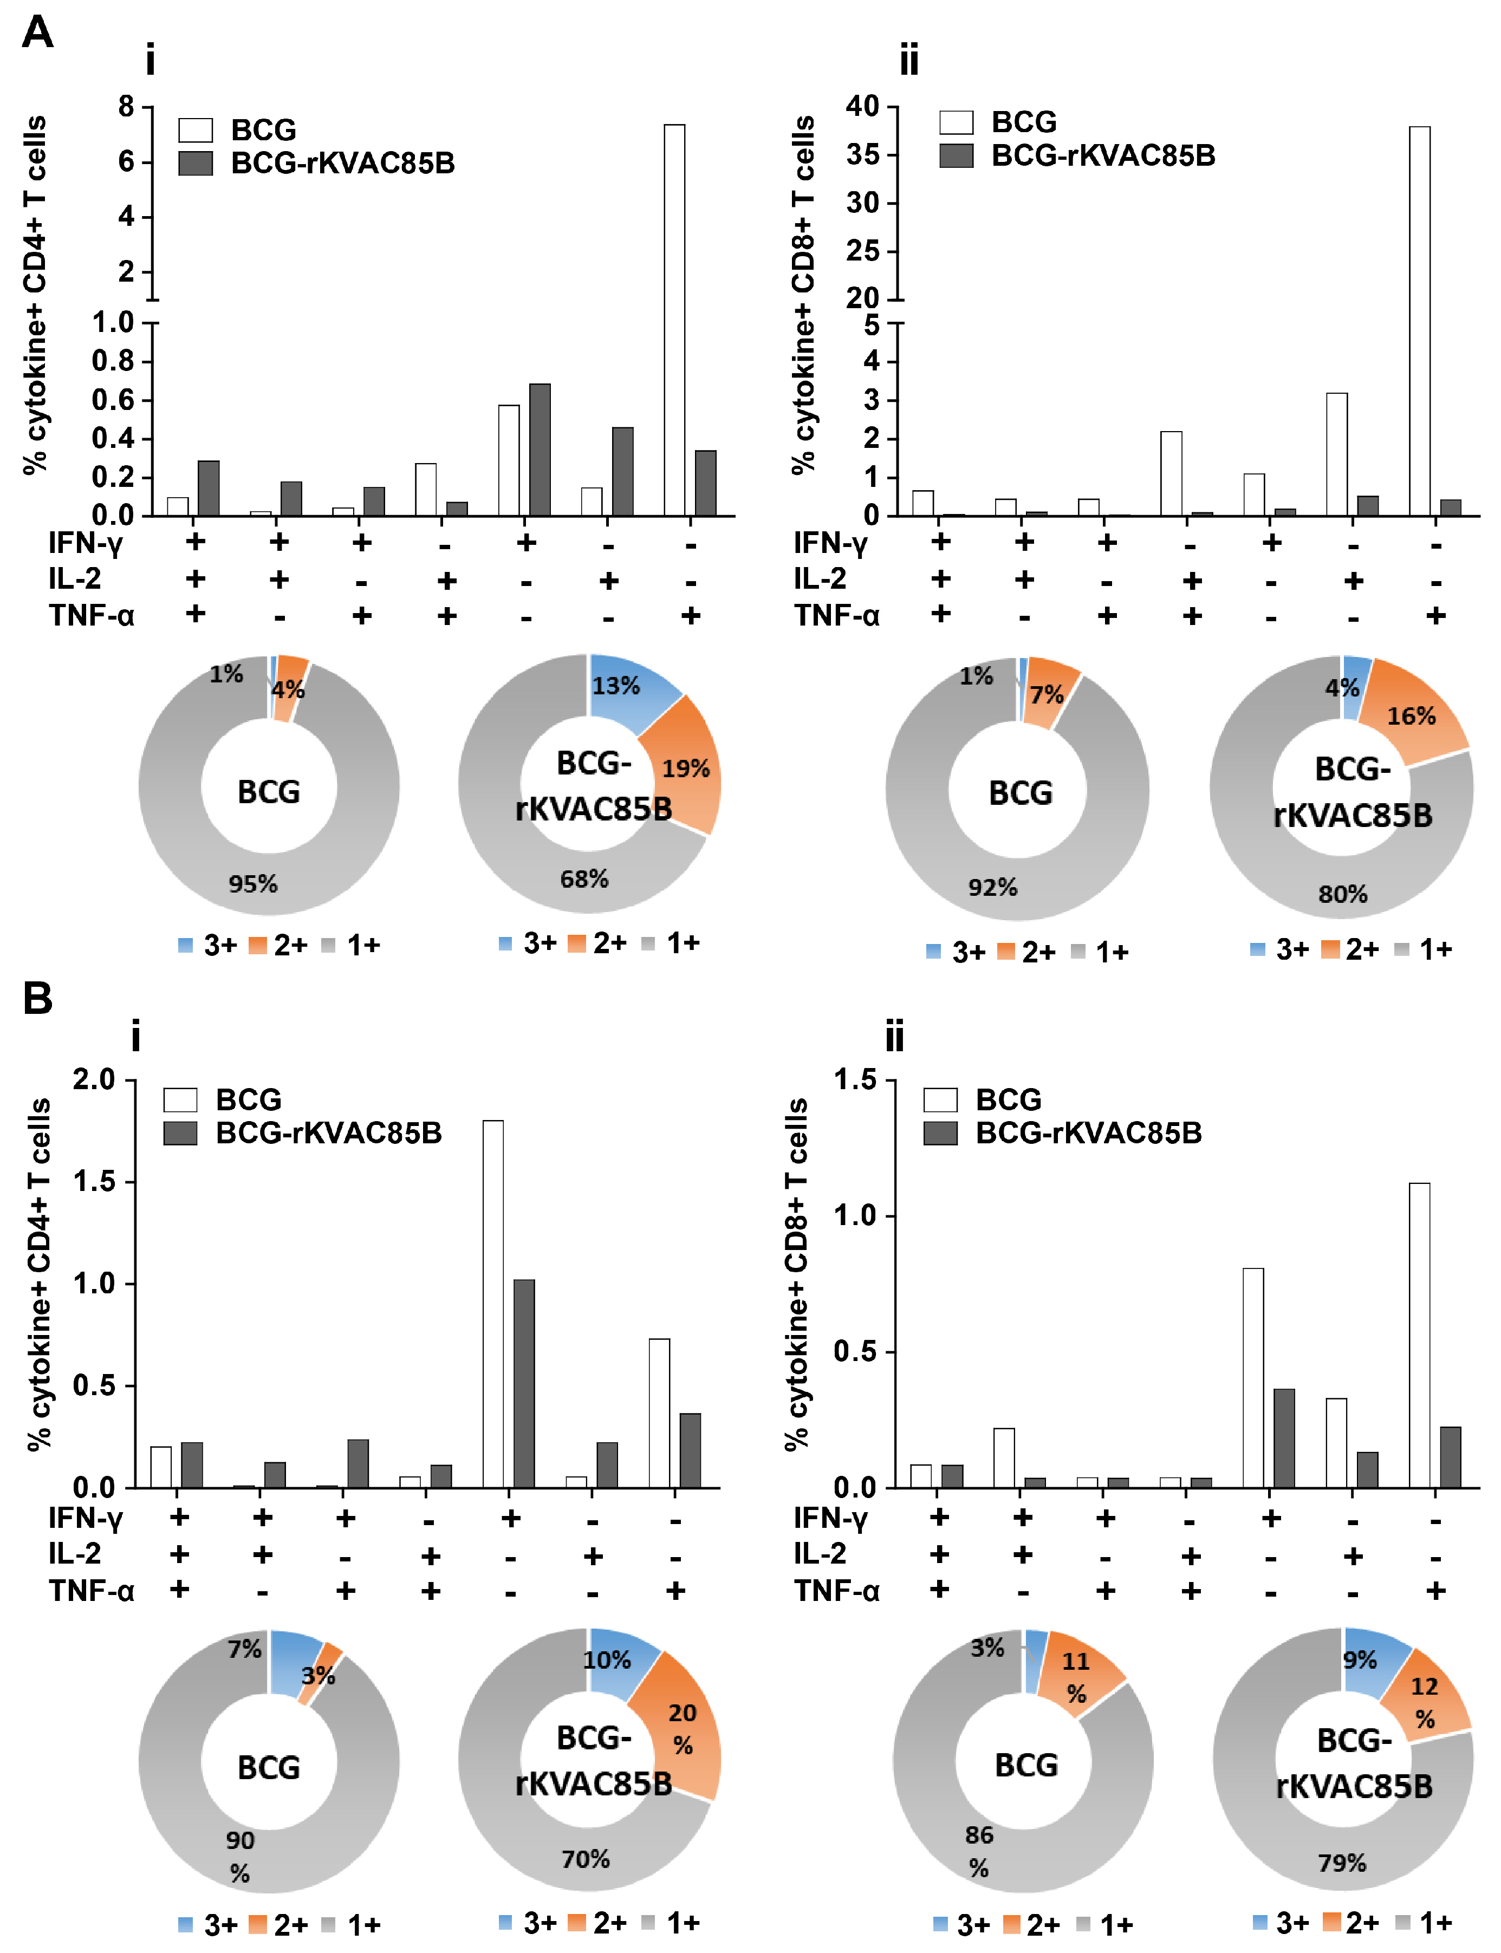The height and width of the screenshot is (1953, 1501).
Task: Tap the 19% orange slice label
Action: (685, 769)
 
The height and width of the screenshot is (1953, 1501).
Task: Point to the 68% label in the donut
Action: (584, 879)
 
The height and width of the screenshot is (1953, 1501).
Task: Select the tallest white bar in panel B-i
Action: (492, 1304)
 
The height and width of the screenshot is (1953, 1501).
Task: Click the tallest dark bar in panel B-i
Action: (524, 1385)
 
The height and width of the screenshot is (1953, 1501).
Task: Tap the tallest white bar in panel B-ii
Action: (1419, 1336)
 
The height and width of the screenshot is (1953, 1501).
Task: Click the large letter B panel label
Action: (37, 999)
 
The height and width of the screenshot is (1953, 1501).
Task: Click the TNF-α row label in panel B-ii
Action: (836, 1591)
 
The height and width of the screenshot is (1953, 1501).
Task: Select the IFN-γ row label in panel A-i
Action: (85, 542)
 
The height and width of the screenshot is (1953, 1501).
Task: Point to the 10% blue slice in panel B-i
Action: (616, 1661)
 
